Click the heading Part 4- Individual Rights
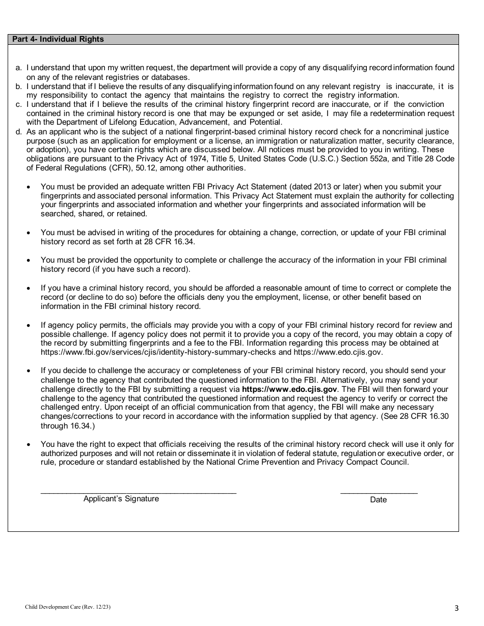tap(58, 39)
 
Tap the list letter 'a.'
tap(19, 68)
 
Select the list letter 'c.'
tap(19, 104)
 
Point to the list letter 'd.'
tap(19, 132)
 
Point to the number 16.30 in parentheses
tap(439, 416)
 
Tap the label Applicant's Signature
tap(121, 499)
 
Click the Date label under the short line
tap(379, 500)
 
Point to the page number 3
tap(456, 608)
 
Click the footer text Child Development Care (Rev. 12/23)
tap(68, 607)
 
